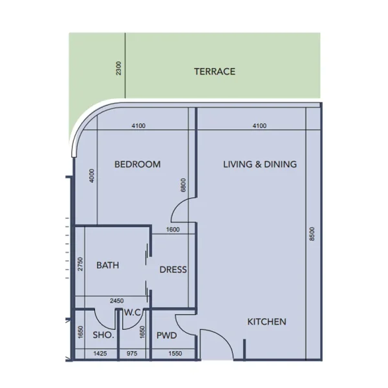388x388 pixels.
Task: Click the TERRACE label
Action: [214, 71]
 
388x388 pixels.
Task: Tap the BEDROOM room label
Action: [137, 164]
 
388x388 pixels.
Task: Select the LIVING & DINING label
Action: [259, 164]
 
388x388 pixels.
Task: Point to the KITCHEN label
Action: [266, 321]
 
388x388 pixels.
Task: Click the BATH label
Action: [107, 265]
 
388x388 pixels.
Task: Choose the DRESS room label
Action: [173, 270]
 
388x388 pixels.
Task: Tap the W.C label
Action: [133, 313]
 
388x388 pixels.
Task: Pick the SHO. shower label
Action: [103, 336]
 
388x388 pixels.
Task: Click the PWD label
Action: [167, 336]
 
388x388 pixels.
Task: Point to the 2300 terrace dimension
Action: [118, 68]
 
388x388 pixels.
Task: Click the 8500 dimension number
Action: [312, 234]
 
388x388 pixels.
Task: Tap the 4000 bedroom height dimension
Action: [92, 176]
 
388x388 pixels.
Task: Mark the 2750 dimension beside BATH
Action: [80, 264]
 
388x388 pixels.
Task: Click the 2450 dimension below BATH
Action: [116, 301]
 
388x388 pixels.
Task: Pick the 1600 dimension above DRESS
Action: [173, 230]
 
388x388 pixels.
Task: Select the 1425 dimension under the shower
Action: [100, 354]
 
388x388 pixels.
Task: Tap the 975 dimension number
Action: [131, 354]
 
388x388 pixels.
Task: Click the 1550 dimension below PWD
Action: [175, 354]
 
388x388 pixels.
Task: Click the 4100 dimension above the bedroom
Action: [138, 125]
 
